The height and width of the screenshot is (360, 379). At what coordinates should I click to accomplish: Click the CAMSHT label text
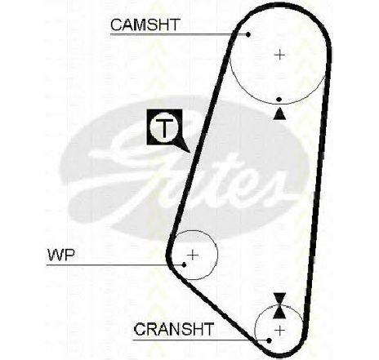pyautogui.click(x=145, y=24)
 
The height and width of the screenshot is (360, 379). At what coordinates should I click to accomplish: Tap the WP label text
pyautogui.click(x=61, y=256)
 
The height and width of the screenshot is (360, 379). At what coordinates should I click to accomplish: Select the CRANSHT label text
pyautogui.click(x=174, y=329)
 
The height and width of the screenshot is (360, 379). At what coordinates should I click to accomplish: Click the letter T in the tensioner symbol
pyautogui.click(x=164, y=127)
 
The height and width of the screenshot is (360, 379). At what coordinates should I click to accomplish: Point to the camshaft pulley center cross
pyautogui.click(x=279, y=56)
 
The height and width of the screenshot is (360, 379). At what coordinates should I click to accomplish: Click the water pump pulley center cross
pyautogui.click(x=193, y=255)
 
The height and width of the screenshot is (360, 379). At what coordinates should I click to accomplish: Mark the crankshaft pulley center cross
pyautogui.click(x=279, y=331)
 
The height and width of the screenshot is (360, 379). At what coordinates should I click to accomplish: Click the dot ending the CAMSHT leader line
pyautogui.click(x=248, y=34)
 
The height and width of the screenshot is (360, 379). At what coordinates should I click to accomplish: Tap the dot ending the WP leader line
pyautogui.click(x=185, y=264)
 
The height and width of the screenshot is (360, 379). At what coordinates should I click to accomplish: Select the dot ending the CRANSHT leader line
pyautogui.click(x=270, y=340)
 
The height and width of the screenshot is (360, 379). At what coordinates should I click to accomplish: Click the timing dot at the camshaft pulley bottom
pyautogui.click(x=279, y=100)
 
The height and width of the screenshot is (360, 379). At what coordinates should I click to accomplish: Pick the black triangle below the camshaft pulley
pyautogui.click(x=279, y=114)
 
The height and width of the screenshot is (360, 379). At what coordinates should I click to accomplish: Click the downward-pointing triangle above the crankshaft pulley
pyautogui.click(x=279, y=299)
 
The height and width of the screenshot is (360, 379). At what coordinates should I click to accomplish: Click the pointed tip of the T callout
pyautogui.click(x=189, y=151)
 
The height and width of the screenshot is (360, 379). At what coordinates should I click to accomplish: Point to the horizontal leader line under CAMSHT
pyautogui.click(x=179, y=34)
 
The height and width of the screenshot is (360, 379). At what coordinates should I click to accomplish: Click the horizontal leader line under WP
pyautogui.click(x=114, y=264)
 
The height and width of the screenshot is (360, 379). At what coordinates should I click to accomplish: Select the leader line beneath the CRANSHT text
pyautogui.click(x=200, y=340)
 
